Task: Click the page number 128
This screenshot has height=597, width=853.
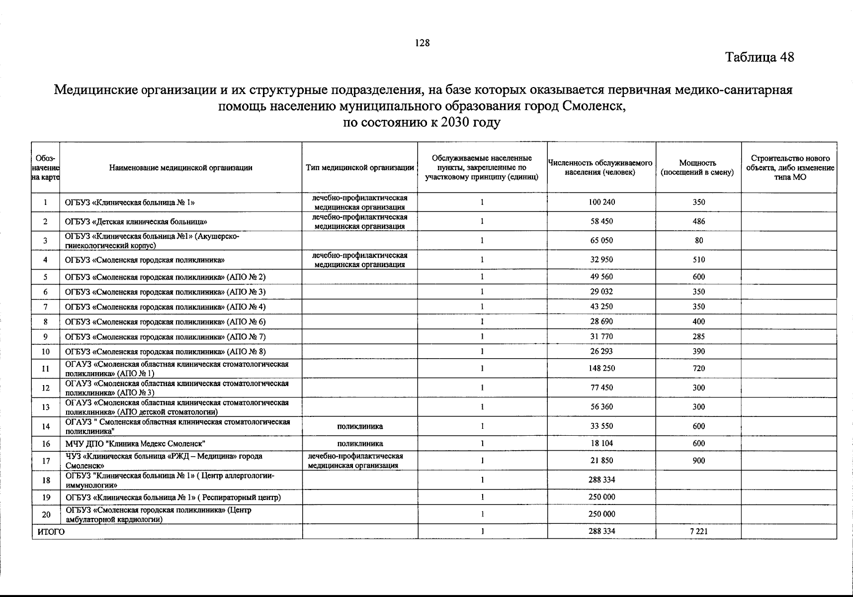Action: point(422,43)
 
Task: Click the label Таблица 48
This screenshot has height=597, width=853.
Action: point(760,57)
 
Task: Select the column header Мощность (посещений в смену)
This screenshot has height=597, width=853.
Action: point(698,168)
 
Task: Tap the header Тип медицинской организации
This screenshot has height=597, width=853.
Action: point(360,168)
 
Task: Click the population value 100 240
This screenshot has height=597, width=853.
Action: point(601,202)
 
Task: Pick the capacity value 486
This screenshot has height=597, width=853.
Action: point(698,221)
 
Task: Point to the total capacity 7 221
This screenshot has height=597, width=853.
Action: point(698,531)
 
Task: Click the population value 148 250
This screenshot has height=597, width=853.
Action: point(601,369)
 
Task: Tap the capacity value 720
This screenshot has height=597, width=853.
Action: point(698,369)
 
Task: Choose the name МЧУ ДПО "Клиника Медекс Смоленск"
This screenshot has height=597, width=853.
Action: point(135,444)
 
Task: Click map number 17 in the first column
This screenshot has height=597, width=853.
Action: point(46,461)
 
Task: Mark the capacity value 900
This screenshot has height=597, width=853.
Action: point(698,461)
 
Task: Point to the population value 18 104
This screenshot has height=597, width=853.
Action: point(601,443)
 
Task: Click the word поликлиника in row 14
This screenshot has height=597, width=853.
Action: point(360,426)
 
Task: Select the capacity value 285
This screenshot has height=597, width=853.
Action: point(698,337)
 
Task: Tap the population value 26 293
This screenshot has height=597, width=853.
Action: point(601,352)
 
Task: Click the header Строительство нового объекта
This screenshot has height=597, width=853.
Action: point(790,163)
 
